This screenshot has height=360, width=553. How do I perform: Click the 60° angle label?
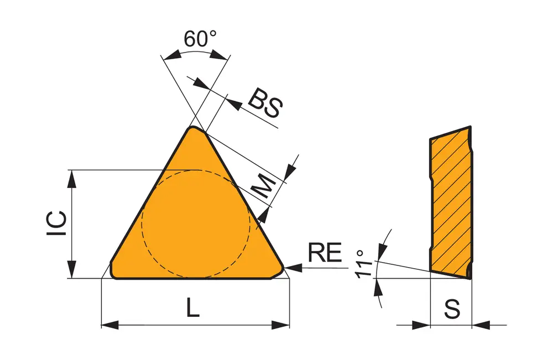[x=200, y=40]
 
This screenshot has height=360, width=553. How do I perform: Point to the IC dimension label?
[x=57, y=225]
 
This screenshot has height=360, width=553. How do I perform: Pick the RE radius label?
[x=325, y=253]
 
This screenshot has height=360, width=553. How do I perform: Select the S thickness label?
[x=452, y=309]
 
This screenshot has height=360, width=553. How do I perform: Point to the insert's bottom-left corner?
[x=113, y=274]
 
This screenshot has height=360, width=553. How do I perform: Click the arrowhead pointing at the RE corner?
[x=293, y=268]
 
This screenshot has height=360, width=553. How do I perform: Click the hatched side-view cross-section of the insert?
[x=451, y=202]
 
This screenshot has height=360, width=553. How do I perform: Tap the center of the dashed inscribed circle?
[x=196, y=223]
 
